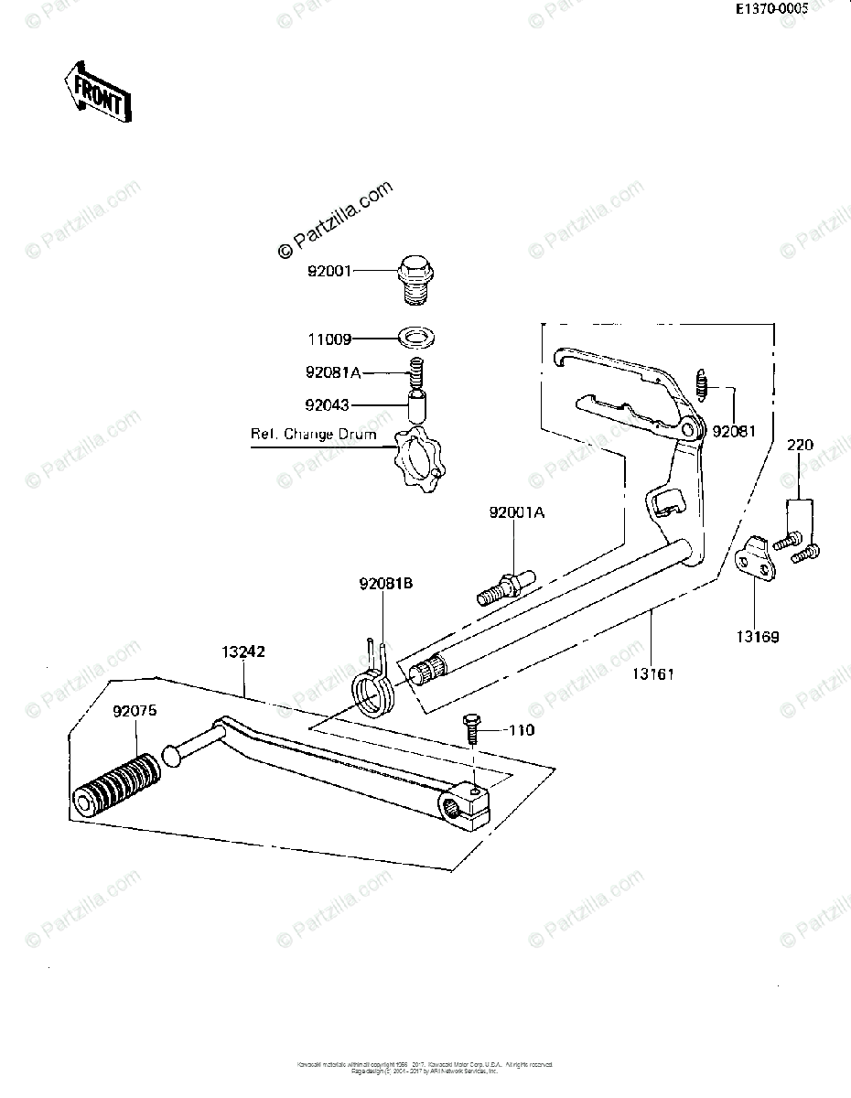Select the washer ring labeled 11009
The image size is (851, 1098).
pos(416,338)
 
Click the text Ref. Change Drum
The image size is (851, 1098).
pos(313,434)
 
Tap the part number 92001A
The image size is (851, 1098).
pos(515,513)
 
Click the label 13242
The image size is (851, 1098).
pos(242,652)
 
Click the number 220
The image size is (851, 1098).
pos(801,447)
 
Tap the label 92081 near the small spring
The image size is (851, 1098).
pos(735,430)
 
